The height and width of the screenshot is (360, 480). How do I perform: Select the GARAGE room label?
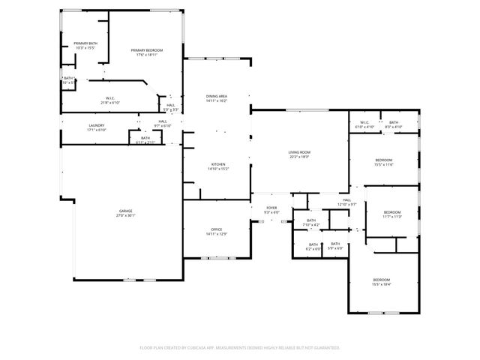click(125, 212)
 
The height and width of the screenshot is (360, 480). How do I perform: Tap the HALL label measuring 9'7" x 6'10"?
click(163, 123)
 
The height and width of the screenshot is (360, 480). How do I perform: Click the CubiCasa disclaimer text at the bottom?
click(240, 348)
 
